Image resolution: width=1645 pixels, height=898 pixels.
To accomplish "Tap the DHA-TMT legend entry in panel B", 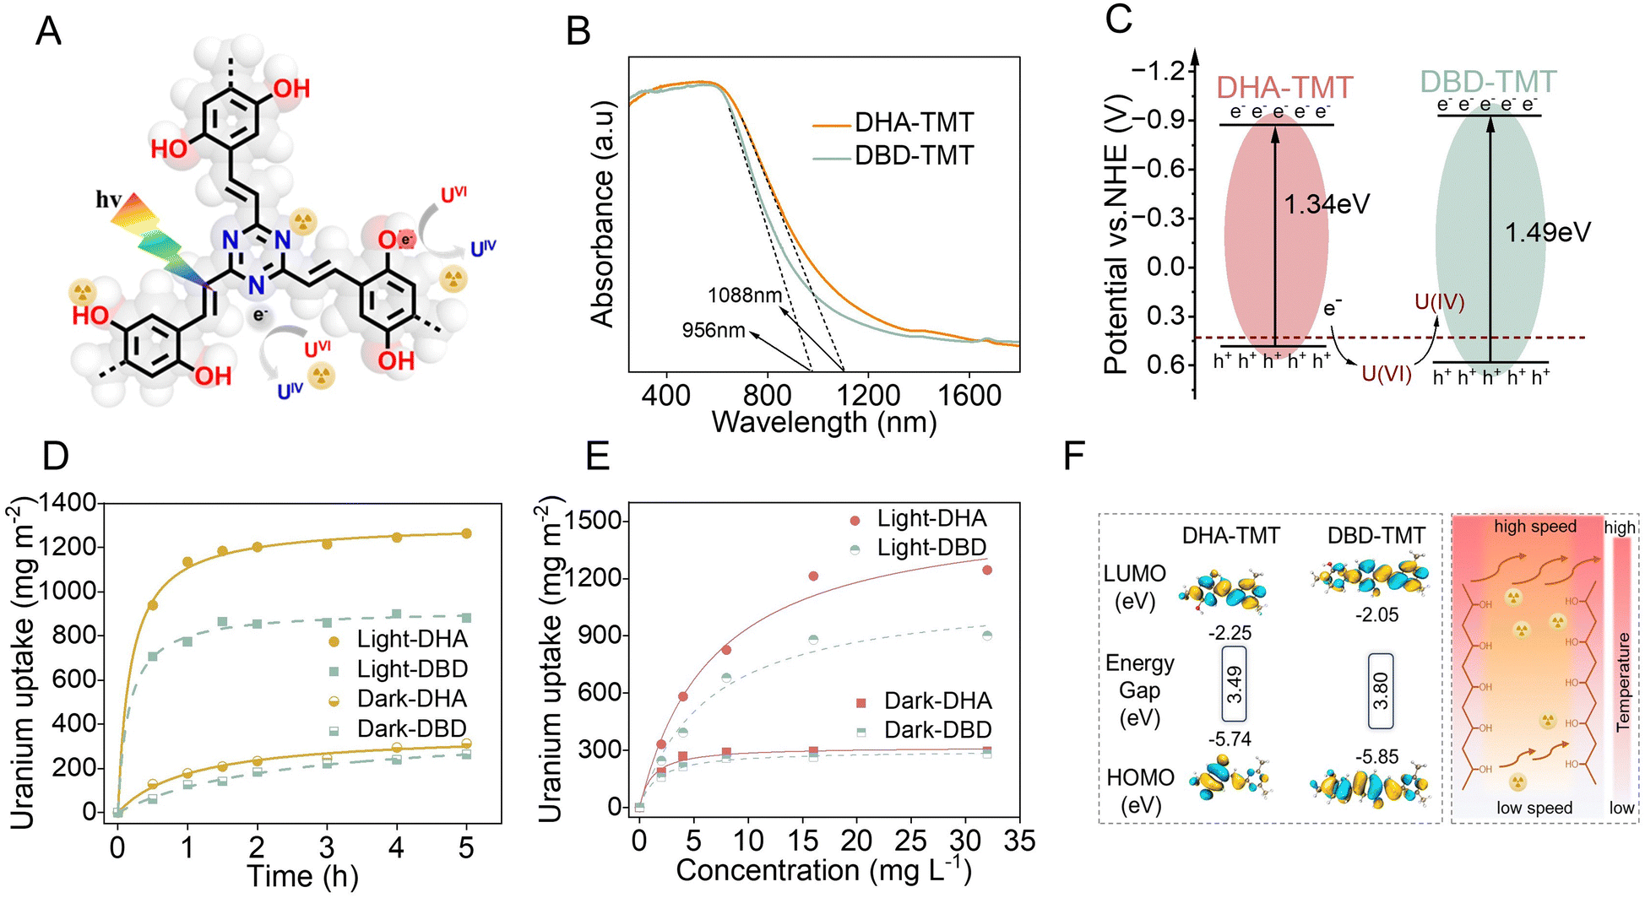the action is pyautogui.click(x=893, y=123).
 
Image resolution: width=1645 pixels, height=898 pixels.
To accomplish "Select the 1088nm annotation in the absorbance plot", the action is pyautogui.click(x=745, y=295).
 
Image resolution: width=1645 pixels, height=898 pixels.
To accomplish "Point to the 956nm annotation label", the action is pyautogui.click(x=714, y=330).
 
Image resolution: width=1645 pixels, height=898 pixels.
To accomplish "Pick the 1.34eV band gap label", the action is pyautogui.click(x=1327, y=204).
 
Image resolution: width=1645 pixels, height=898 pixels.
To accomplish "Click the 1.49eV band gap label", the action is pyautogui.click(x=1548, y=232).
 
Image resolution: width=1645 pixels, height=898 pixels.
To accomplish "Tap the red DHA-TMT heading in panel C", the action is pyautogui.click(x=1284, y=88).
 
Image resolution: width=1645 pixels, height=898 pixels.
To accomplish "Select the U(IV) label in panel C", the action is pyautogui.click(x=1440, y=302).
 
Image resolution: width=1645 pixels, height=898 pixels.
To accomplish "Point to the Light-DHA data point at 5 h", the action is pyautogui.click(x=466, y=533).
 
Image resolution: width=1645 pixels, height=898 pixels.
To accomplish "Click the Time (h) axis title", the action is pyautogui.click(x=302, y=876).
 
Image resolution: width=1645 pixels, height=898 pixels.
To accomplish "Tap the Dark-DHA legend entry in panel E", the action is pyautogui.click(x=924, y=701).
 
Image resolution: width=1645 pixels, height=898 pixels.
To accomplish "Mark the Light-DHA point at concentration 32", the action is pyautogui.click(x=986, y=571).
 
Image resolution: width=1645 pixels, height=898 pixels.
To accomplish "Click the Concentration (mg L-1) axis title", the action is pyautogui.click(x=823, y=870).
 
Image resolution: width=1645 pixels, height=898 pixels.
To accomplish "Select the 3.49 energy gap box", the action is pyautogui.click(x=1235, y=684).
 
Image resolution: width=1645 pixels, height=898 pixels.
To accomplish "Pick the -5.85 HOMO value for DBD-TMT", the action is pyautogui.click(x=1377, y=757).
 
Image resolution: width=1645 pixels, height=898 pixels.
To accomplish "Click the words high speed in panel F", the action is pyautogui.click(x=1535, y=527).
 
